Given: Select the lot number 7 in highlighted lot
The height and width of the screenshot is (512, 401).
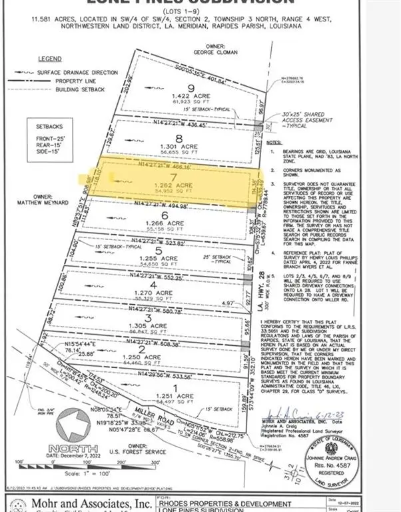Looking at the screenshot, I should coord(175,176).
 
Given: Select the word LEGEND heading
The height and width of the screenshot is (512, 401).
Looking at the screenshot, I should coord(50,59).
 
